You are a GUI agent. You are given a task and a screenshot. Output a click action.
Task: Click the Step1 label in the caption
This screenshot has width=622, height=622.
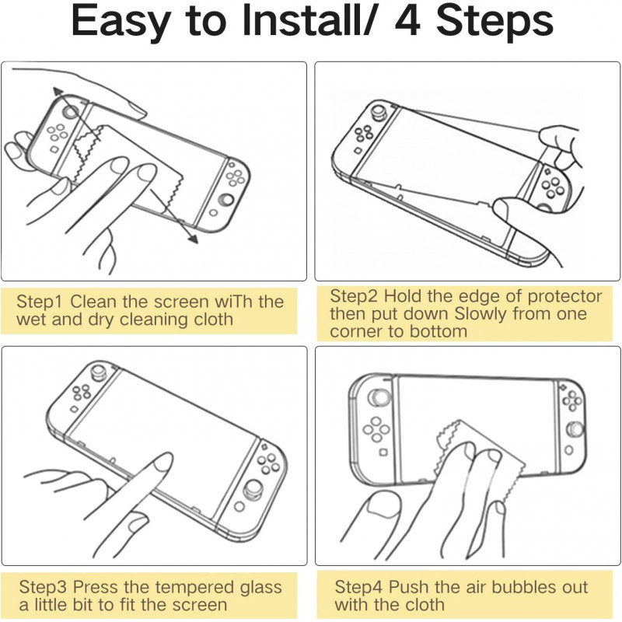pos(45,302)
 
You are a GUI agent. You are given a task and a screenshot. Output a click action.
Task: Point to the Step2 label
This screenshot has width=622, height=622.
pos(355,296)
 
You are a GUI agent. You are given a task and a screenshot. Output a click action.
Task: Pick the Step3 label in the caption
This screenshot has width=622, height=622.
pos(45,587)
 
